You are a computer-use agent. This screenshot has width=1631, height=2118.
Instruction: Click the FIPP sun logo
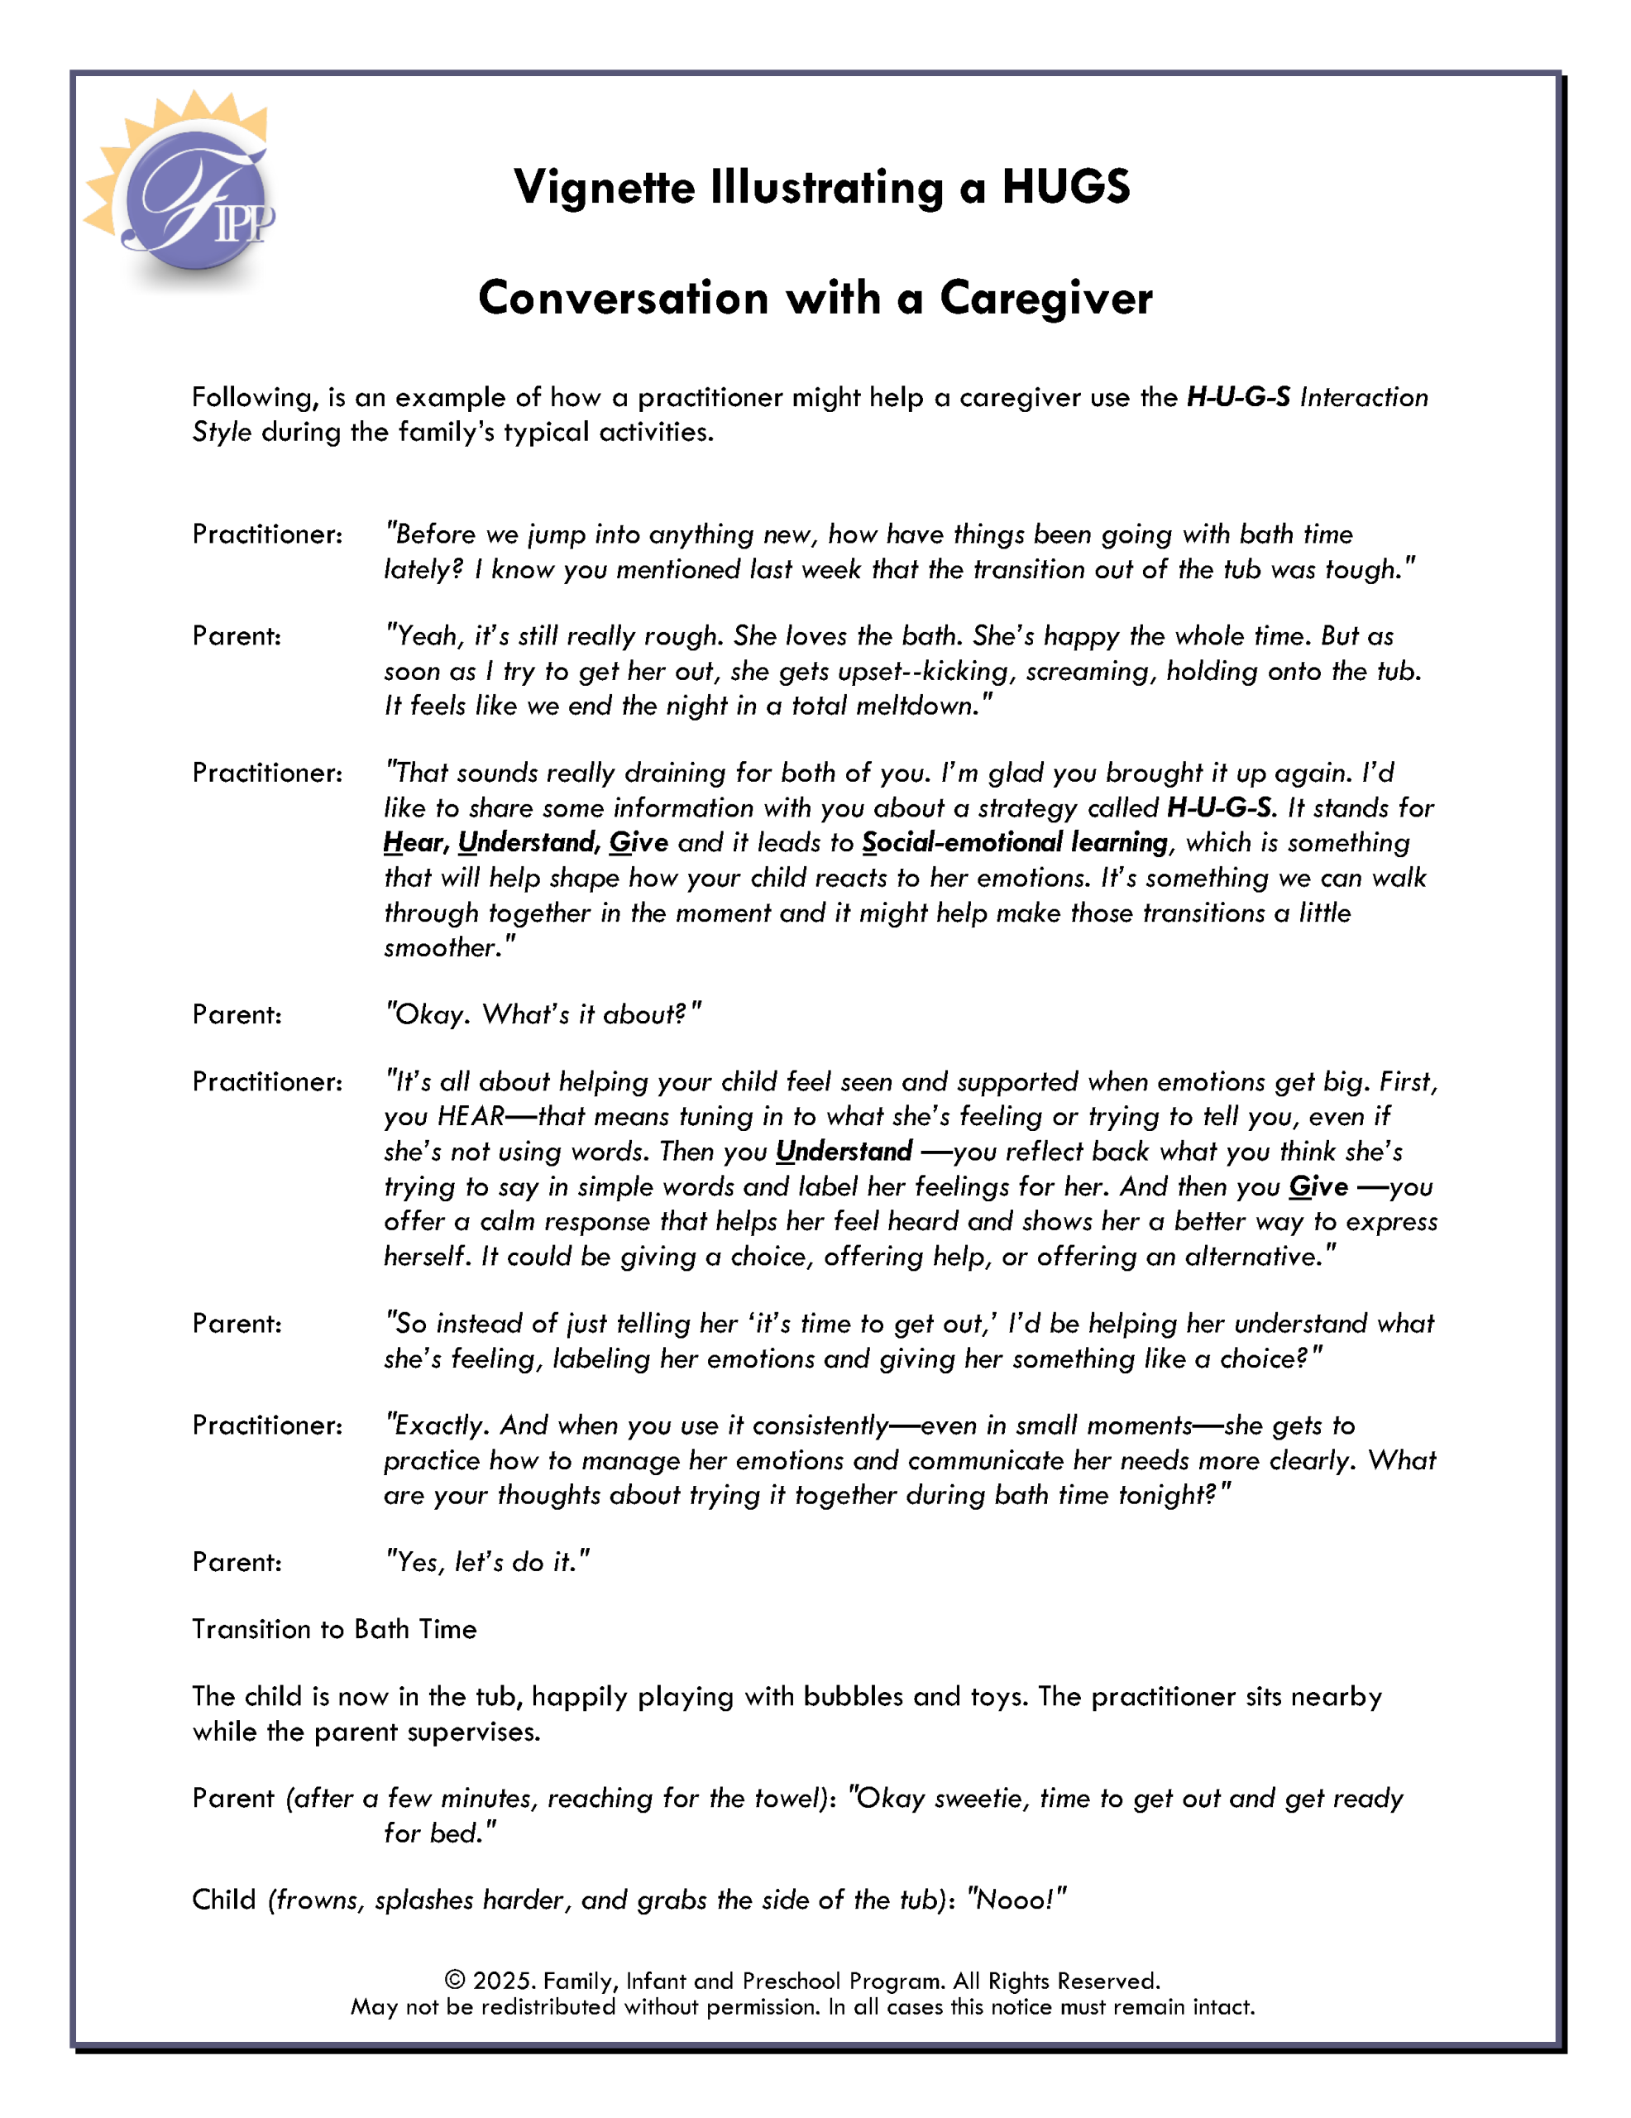tap(184, 194)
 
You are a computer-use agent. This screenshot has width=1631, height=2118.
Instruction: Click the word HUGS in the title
tap(1064, 186)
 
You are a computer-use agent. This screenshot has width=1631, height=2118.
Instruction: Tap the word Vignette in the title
tap(603, 186)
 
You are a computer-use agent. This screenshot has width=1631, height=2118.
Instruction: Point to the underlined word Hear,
tap(416, 843)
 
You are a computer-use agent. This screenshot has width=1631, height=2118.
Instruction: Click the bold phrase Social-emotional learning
tap(1014, 843)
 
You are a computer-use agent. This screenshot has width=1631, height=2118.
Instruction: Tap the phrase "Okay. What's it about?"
tap(543, 1014)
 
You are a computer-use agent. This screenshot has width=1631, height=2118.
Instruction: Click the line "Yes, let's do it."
tap(487, 1562)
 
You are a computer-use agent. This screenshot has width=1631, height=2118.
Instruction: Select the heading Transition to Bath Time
tap(333, 1629)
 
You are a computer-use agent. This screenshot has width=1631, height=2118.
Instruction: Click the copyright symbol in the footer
tap(454, 1981)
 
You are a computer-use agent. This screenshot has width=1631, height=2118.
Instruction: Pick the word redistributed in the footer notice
tap(548, 2007)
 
